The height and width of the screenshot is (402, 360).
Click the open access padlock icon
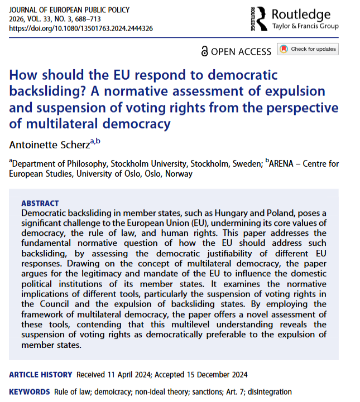click(204, 51)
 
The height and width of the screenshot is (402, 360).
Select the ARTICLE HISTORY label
click(40, 375)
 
